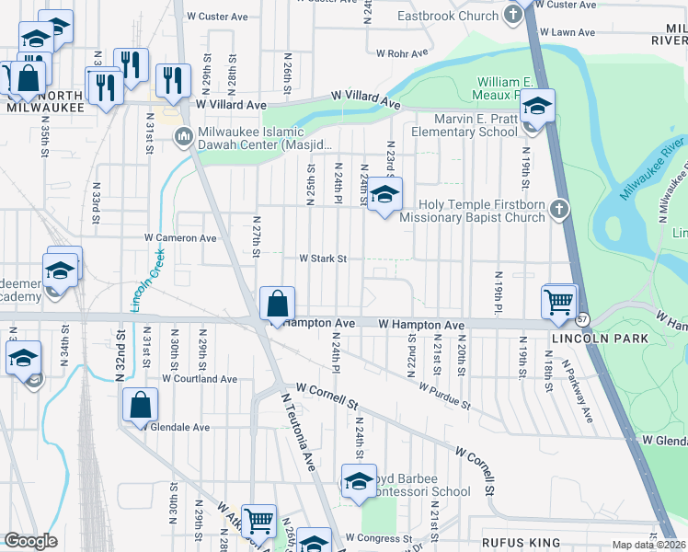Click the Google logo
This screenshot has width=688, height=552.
(30, 541)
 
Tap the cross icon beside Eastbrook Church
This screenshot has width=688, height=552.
(513, 16)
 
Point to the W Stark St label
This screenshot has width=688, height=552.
(321, 259)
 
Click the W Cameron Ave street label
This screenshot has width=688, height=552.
(179, 237)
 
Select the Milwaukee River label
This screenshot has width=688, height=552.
(653, 167)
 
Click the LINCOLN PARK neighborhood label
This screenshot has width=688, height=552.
(589, 339)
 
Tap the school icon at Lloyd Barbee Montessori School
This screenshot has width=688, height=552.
(359, 481)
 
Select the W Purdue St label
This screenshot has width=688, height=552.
(444, 397)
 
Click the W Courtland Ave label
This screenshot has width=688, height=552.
(200, 379)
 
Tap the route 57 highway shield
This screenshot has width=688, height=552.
(583, 319)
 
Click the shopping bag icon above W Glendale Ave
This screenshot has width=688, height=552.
(140, 404)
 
